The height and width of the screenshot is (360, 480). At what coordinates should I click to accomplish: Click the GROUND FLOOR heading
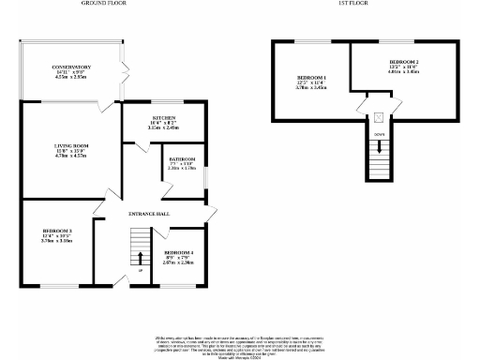104,4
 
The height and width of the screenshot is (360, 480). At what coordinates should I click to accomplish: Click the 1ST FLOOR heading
352,4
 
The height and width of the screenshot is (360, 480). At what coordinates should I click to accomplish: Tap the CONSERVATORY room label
71,67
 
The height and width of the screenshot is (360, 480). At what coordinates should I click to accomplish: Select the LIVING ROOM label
70,146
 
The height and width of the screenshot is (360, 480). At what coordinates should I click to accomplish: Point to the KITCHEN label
165,117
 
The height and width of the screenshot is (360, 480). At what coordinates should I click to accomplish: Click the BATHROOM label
181,158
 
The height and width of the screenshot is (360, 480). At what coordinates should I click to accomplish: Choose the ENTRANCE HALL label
149,215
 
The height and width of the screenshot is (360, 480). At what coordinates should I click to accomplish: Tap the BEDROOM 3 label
57,231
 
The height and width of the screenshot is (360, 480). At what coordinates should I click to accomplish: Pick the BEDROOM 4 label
179,253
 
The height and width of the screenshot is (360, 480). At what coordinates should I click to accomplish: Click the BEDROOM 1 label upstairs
311,77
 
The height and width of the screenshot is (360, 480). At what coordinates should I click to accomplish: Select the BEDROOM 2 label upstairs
403,62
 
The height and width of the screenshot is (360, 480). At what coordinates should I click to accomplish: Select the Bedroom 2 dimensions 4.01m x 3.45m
403,73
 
